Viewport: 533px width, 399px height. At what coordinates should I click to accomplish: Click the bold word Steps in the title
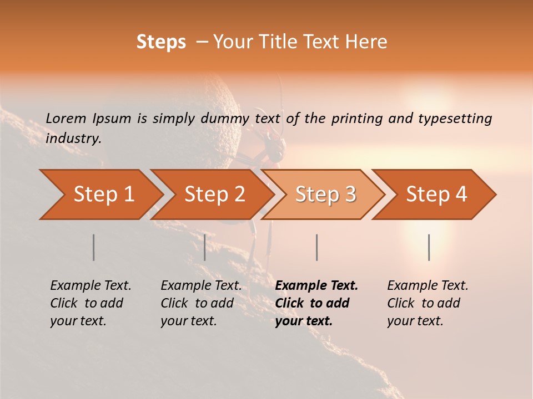coord(161,42)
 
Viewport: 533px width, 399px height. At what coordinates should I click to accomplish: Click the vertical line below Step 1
coord(93,247)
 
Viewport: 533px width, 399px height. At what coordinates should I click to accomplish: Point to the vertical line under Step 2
coord(205,247)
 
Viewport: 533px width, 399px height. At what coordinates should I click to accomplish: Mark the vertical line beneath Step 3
coord(316,247)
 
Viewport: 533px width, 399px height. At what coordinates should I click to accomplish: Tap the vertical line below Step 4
coord(429,247)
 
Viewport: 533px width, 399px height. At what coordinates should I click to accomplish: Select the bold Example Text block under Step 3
coord(316,303)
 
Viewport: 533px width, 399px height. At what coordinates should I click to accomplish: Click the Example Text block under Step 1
coord(90,303)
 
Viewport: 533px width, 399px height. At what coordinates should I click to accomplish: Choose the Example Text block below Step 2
coord(201,303)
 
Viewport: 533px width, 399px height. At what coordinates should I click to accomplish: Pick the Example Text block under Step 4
coord(428,303)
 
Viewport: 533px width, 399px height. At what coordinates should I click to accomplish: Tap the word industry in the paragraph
coord(73,139)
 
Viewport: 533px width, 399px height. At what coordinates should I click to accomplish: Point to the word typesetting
coord(455,119)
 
